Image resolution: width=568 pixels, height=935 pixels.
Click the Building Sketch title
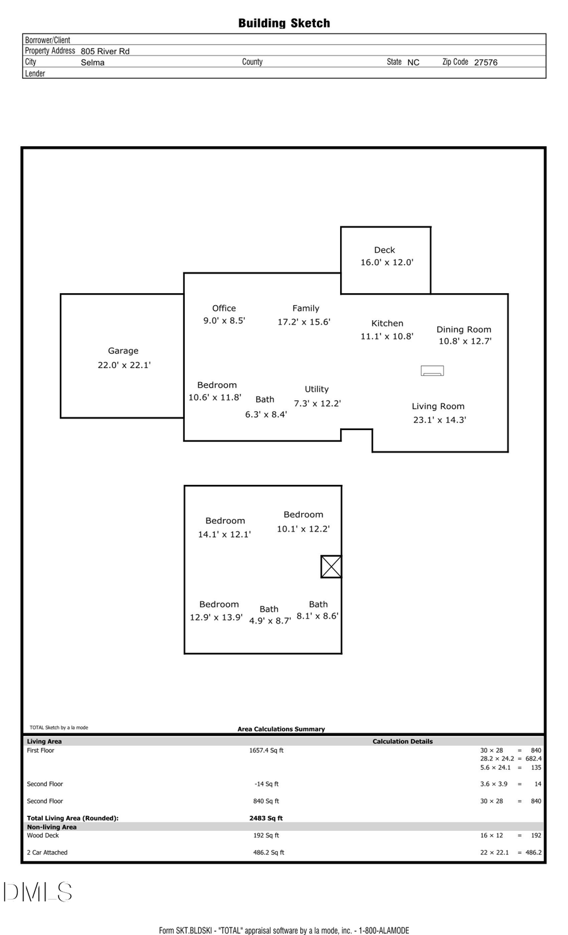tap(284, 23)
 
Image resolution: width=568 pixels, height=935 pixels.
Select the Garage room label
tap(123, 351)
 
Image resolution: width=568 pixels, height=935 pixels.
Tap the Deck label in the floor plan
tap(384, 250)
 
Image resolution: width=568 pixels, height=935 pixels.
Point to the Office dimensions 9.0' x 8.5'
tap(224, 321)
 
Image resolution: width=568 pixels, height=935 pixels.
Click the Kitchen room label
tap(387, 323)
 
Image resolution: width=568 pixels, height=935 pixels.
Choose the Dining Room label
tap(464, 330)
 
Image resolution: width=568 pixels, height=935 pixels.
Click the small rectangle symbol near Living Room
tap(432, 371)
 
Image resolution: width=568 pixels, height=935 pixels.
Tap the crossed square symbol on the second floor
tap(331, 567)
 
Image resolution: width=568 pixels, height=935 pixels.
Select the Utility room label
tap(317, 390)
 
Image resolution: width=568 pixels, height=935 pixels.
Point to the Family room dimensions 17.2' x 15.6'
tap(304, 322)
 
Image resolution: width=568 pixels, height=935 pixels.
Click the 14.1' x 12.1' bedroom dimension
tap(224, 535)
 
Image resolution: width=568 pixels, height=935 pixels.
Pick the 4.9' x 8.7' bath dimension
tap(270, 621)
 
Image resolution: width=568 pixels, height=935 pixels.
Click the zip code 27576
tap(485, 62)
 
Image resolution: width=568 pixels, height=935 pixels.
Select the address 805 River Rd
tap(105, 51)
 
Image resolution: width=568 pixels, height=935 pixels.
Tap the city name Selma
tap(93, 62)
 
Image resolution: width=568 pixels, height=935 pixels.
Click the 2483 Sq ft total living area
tap(266, 818)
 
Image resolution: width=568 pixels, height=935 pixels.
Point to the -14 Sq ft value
tap(266, 784)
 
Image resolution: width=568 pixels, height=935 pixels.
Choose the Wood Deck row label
tap(43, 835)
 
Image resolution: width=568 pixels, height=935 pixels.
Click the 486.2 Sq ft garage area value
tap(269, 852)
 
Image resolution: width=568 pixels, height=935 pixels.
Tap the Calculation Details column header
tap(403, 741)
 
